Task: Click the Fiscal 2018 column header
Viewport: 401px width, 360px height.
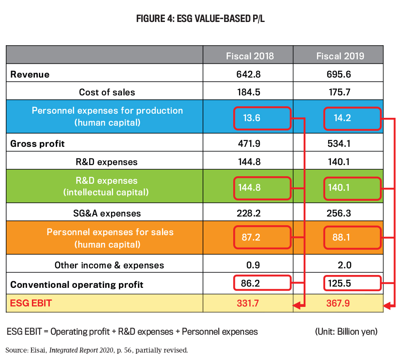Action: click(249, 56)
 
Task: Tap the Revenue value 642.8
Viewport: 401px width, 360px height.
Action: click(249, 74)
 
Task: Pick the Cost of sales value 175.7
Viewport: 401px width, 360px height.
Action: click(339, 92)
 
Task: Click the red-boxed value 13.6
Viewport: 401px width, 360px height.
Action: click(251, 118)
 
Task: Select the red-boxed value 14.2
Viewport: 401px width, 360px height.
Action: click(342, 118)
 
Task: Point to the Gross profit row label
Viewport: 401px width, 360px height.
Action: click(38, 144)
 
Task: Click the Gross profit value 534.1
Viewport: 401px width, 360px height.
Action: click(339, 144)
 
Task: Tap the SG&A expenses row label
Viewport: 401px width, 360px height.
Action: click(107, 214)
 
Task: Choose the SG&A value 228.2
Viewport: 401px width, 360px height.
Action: click(249, 214)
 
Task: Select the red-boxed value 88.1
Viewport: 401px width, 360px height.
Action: click(342, 238)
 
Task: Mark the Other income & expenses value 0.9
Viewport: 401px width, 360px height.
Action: click(249, 265)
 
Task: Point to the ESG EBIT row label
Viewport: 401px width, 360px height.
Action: click(31, 303)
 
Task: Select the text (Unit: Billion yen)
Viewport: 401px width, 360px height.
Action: click(346, 332)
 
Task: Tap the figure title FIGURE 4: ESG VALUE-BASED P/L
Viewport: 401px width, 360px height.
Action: click(200, 19)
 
